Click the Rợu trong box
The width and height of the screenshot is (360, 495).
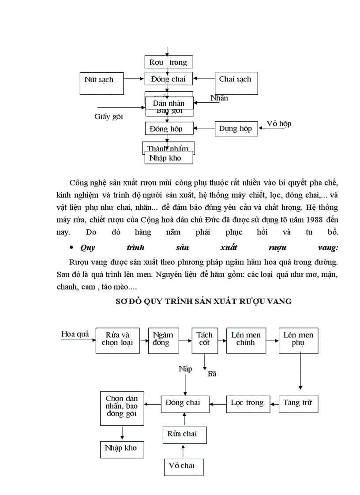pos(169,62)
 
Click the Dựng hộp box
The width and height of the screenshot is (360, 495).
pos(236,129)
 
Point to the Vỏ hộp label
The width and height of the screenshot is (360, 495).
pos(279,123)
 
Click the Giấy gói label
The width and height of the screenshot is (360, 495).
pos(109,116)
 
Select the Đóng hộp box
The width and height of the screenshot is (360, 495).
pos(165,129)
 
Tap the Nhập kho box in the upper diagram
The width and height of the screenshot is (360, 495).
pos(165,158)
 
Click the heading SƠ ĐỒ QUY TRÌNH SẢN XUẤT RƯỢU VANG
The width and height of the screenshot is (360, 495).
pos(203,301)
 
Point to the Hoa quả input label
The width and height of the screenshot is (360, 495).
pos(75,334)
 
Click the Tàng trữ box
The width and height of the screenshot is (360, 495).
pos(298,403)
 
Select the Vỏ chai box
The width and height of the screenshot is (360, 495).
pos(182,465)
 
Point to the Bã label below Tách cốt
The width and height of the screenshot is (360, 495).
pos(212,374)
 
